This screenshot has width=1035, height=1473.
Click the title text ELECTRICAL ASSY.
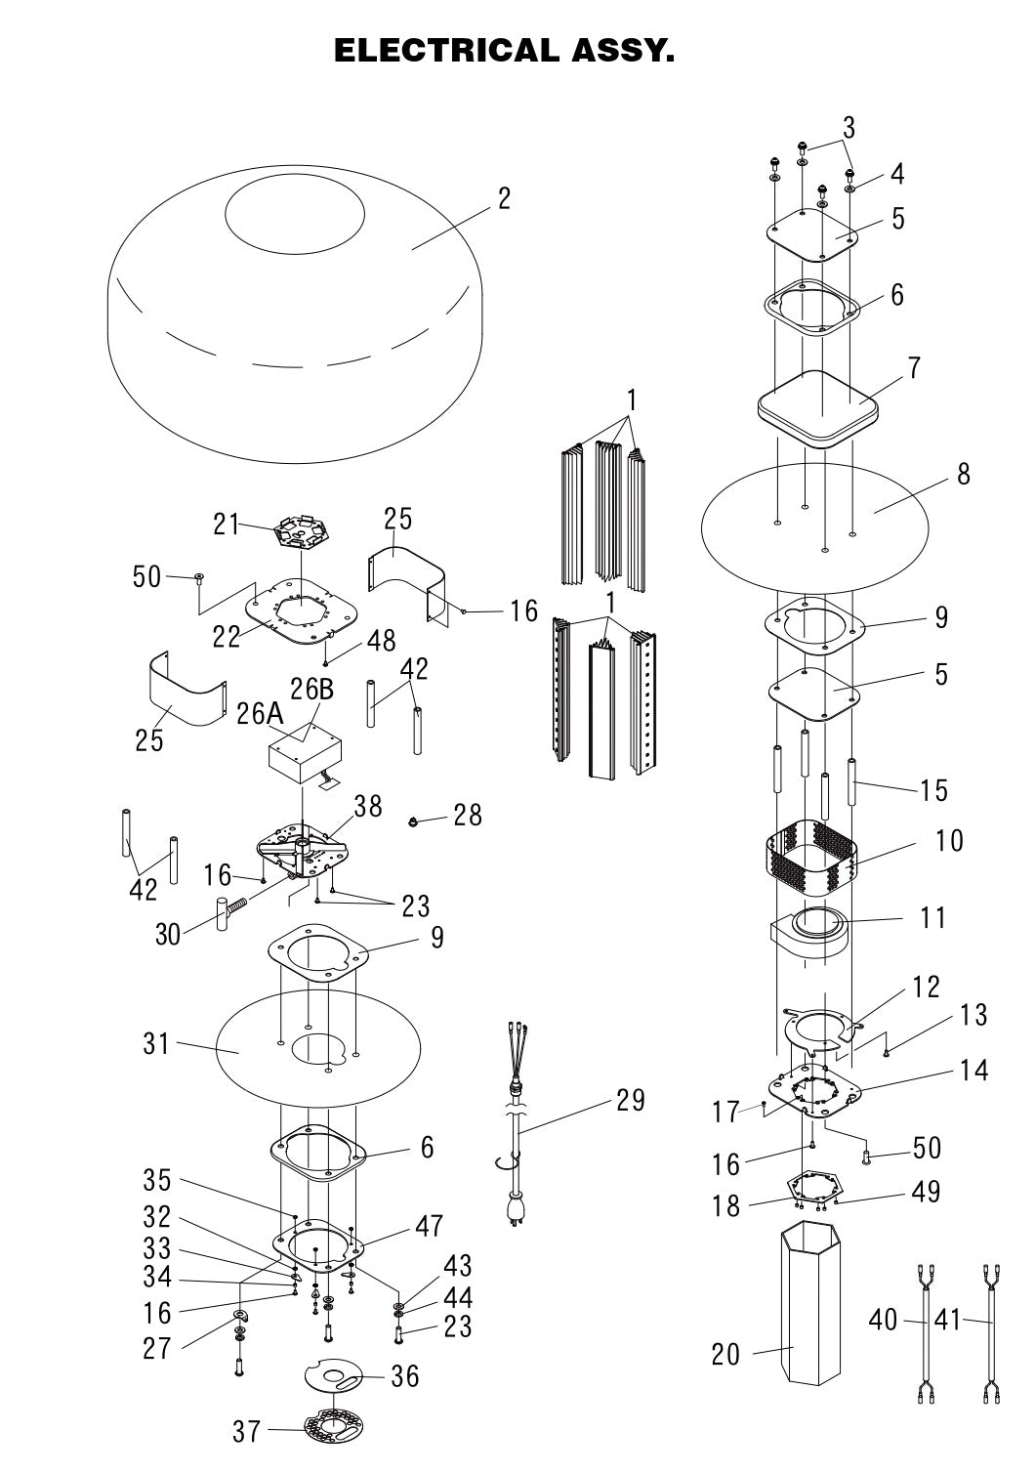point(504,51)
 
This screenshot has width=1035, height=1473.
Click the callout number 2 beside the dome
point(504,198)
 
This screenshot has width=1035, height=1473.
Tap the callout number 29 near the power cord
point(631,1101)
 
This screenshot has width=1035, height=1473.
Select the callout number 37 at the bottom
point(246,1431)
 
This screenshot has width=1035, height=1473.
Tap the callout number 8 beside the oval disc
point(964,474)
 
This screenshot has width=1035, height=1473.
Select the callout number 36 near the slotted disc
point(404,1376)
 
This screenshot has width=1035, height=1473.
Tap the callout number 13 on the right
point(973,1015)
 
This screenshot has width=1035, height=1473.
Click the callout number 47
point(430,1226)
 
